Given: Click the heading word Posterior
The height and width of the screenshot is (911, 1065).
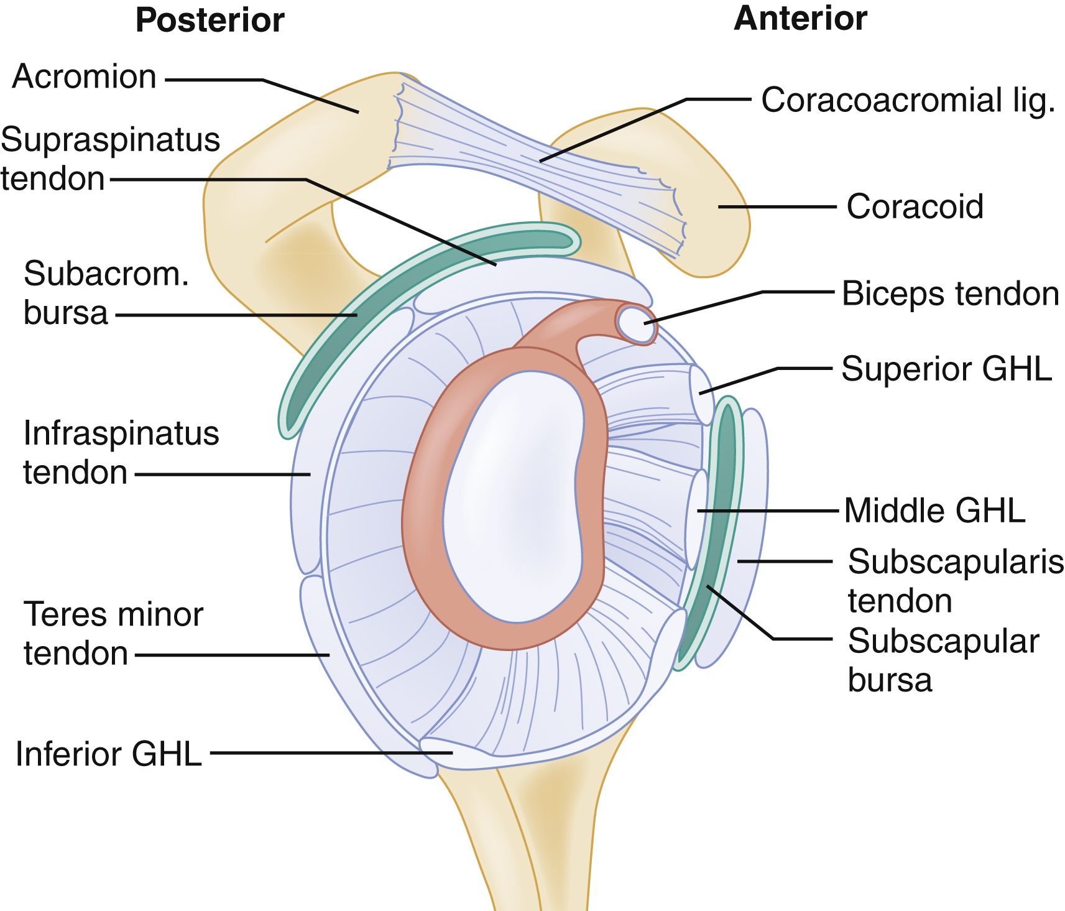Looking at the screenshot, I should click(210, 21).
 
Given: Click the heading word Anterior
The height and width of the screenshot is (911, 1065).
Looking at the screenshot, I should click(800, 19).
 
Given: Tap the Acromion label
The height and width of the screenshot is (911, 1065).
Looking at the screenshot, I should click(84, 77).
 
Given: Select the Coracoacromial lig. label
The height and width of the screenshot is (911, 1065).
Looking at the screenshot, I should click(908, 100).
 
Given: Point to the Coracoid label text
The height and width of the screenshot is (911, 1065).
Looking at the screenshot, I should click(915, 206).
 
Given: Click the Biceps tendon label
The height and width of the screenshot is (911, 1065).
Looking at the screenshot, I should click(950, 294).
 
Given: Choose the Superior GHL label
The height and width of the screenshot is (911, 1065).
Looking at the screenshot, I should click(946, 369).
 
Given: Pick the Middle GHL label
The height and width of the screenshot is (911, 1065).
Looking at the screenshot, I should click(934, 511).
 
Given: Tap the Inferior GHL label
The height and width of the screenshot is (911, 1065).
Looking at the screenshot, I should click(109, 754).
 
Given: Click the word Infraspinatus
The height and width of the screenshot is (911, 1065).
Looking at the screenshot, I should click(121, 433).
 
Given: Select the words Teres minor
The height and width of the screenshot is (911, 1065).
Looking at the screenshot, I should click(113, 614).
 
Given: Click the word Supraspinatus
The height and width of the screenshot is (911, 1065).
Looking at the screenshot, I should click(111, 139).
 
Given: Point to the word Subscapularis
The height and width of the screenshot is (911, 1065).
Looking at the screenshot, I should click(956, 562).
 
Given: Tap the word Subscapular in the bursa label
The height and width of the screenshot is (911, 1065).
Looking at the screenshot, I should click(943, 641).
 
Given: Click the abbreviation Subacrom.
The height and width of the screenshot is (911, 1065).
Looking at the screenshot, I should click(106, 274).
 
